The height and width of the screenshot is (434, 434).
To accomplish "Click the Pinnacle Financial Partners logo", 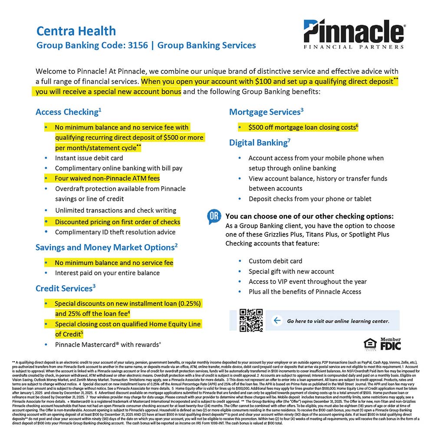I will pos(354,34).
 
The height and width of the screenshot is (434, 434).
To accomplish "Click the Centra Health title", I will pos(76,31).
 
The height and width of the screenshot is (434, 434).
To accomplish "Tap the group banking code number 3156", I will pos(138,45).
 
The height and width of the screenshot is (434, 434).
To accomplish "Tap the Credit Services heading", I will pos(65,288).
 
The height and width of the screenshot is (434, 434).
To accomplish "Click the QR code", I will pos(251,320).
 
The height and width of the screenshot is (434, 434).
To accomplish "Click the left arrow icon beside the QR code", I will pos(276,321).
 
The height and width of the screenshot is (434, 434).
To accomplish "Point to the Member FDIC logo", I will pos(390,344).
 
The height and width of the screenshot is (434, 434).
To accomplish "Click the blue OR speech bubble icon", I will pos(214,217).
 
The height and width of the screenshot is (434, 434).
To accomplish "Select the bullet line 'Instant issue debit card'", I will pos(89,158).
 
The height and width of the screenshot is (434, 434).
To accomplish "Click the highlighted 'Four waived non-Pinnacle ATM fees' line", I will pos(107,178).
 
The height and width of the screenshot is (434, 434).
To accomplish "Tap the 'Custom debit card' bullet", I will pos(275,261).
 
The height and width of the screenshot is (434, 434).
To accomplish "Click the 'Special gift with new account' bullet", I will pos(291,272).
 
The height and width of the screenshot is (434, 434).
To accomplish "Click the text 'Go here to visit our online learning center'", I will pos(338,321).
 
